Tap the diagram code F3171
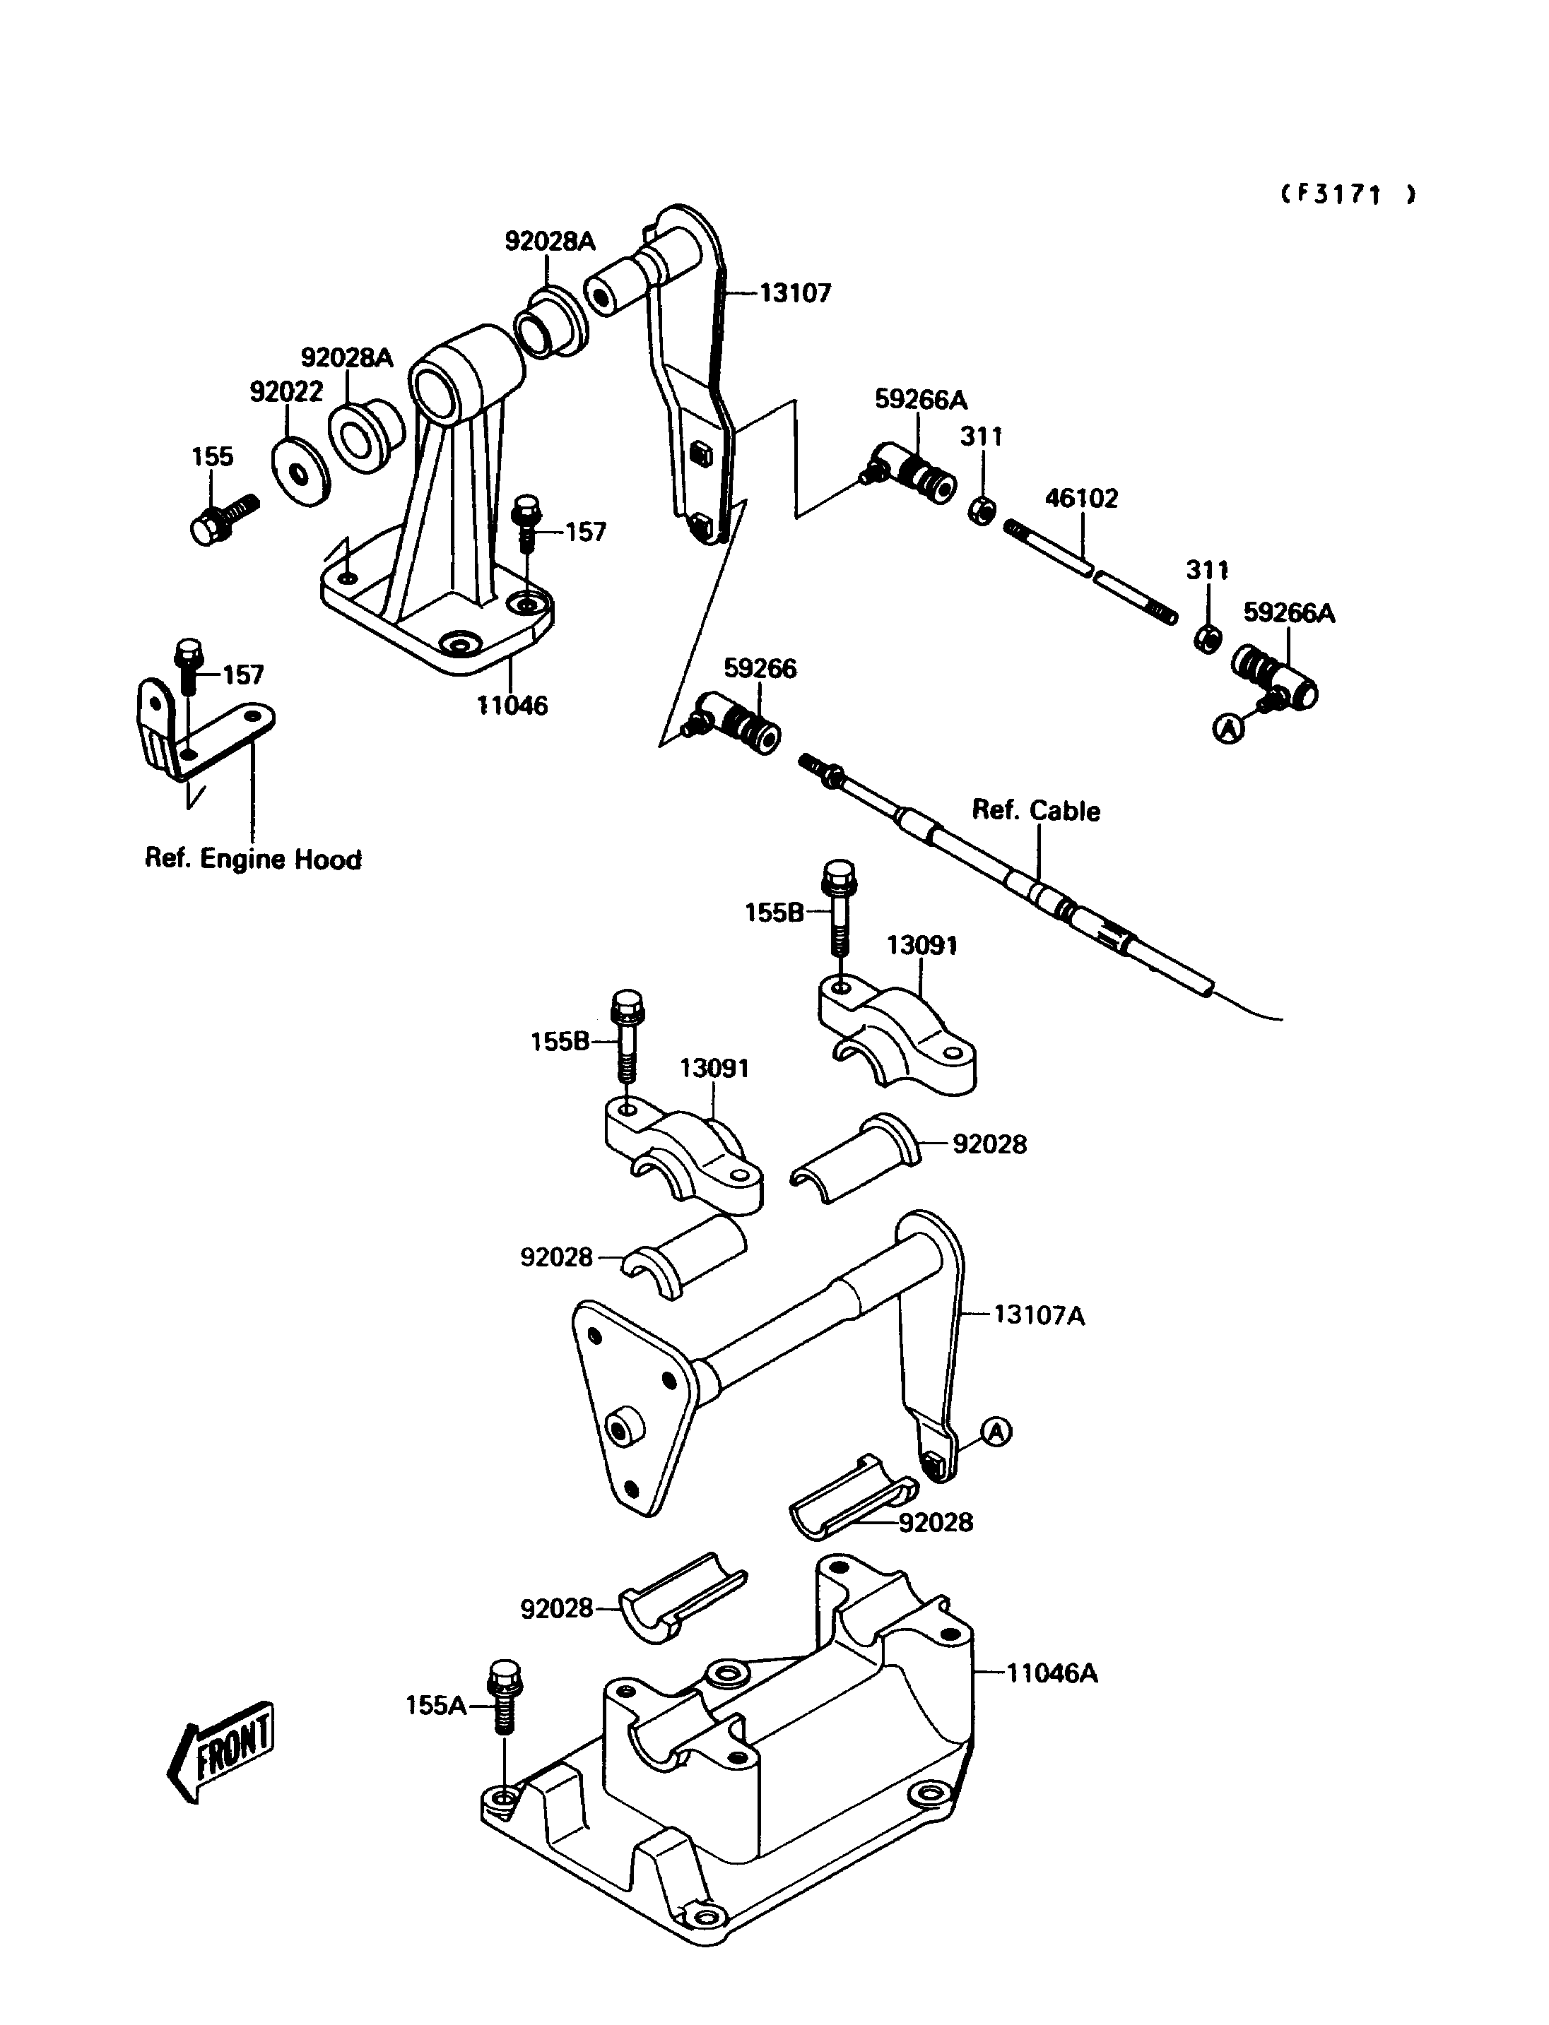1348,194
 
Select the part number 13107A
1039,1315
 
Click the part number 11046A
1052,1673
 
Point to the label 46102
1080,499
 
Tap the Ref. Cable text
1037,811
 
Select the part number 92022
287,392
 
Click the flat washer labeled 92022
300,473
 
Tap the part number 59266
760,668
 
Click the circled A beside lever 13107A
996,1432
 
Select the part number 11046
512,706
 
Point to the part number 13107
795,293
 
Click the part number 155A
436,1706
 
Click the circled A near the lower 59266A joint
1228,729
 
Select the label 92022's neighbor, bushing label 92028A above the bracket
347,357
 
